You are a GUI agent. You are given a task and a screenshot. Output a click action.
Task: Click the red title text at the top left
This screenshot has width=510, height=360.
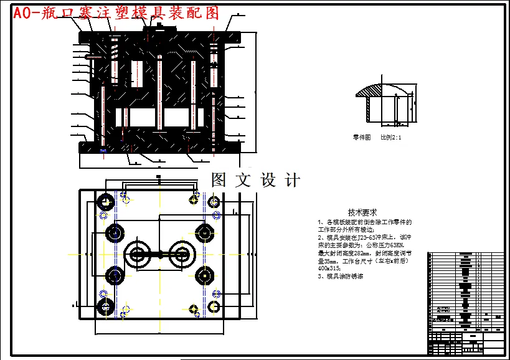click(116, 13)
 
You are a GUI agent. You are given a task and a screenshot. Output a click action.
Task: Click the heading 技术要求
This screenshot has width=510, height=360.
click(362, 212)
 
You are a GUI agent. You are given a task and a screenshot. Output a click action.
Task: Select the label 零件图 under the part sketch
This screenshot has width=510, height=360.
click(362, 137)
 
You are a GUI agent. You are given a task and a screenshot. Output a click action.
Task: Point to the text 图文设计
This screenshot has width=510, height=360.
click(255, 181)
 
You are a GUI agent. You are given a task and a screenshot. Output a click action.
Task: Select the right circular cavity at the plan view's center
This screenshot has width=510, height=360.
click(181, 253)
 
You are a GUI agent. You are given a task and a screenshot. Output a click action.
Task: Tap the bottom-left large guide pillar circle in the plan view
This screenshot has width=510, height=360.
click(105, 306)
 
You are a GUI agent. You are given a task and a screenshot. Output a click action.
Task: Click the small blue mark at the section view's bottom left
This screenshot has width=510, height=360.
click(103, 149)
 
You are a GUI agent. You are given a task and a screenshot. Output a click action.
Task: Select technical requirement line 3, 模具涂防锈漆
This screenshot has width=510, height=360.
click(340, 275)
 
